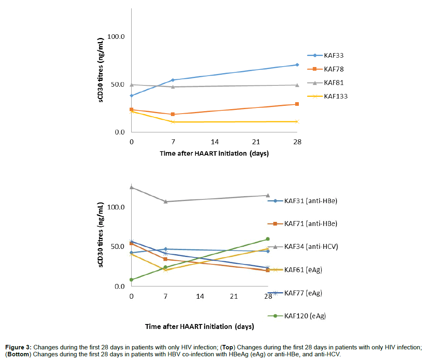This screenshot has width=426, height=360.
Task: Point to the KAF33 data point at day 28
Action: pos(297,65)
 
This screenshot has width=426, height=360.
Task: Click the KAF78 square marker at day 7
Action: pos(173,114)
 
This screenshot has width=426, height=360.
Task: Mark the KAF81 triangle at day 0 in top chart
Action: pos(132,85)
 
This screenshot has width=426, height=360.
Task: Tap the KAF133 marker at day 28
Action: pos(297,122)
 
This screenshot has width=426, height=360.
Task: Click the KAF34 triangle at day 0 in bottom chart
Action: pos(132,187)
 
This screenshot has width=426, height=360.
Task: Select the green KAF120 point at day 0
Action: pos(132,280)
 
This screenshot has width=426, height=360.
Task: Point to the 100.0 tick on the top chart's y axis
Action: pos(116,37)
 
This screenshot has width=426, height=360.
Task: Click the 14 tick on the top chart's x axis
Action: pos(214,142)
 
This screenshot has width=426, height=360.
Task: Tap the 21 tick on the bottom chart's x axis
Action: pos(234,296)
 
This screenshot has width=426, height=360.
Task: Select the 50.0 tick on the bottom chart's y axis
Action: pos(116,247)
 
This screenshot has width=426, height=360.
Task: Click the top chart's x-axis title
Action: pos(214,154)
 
